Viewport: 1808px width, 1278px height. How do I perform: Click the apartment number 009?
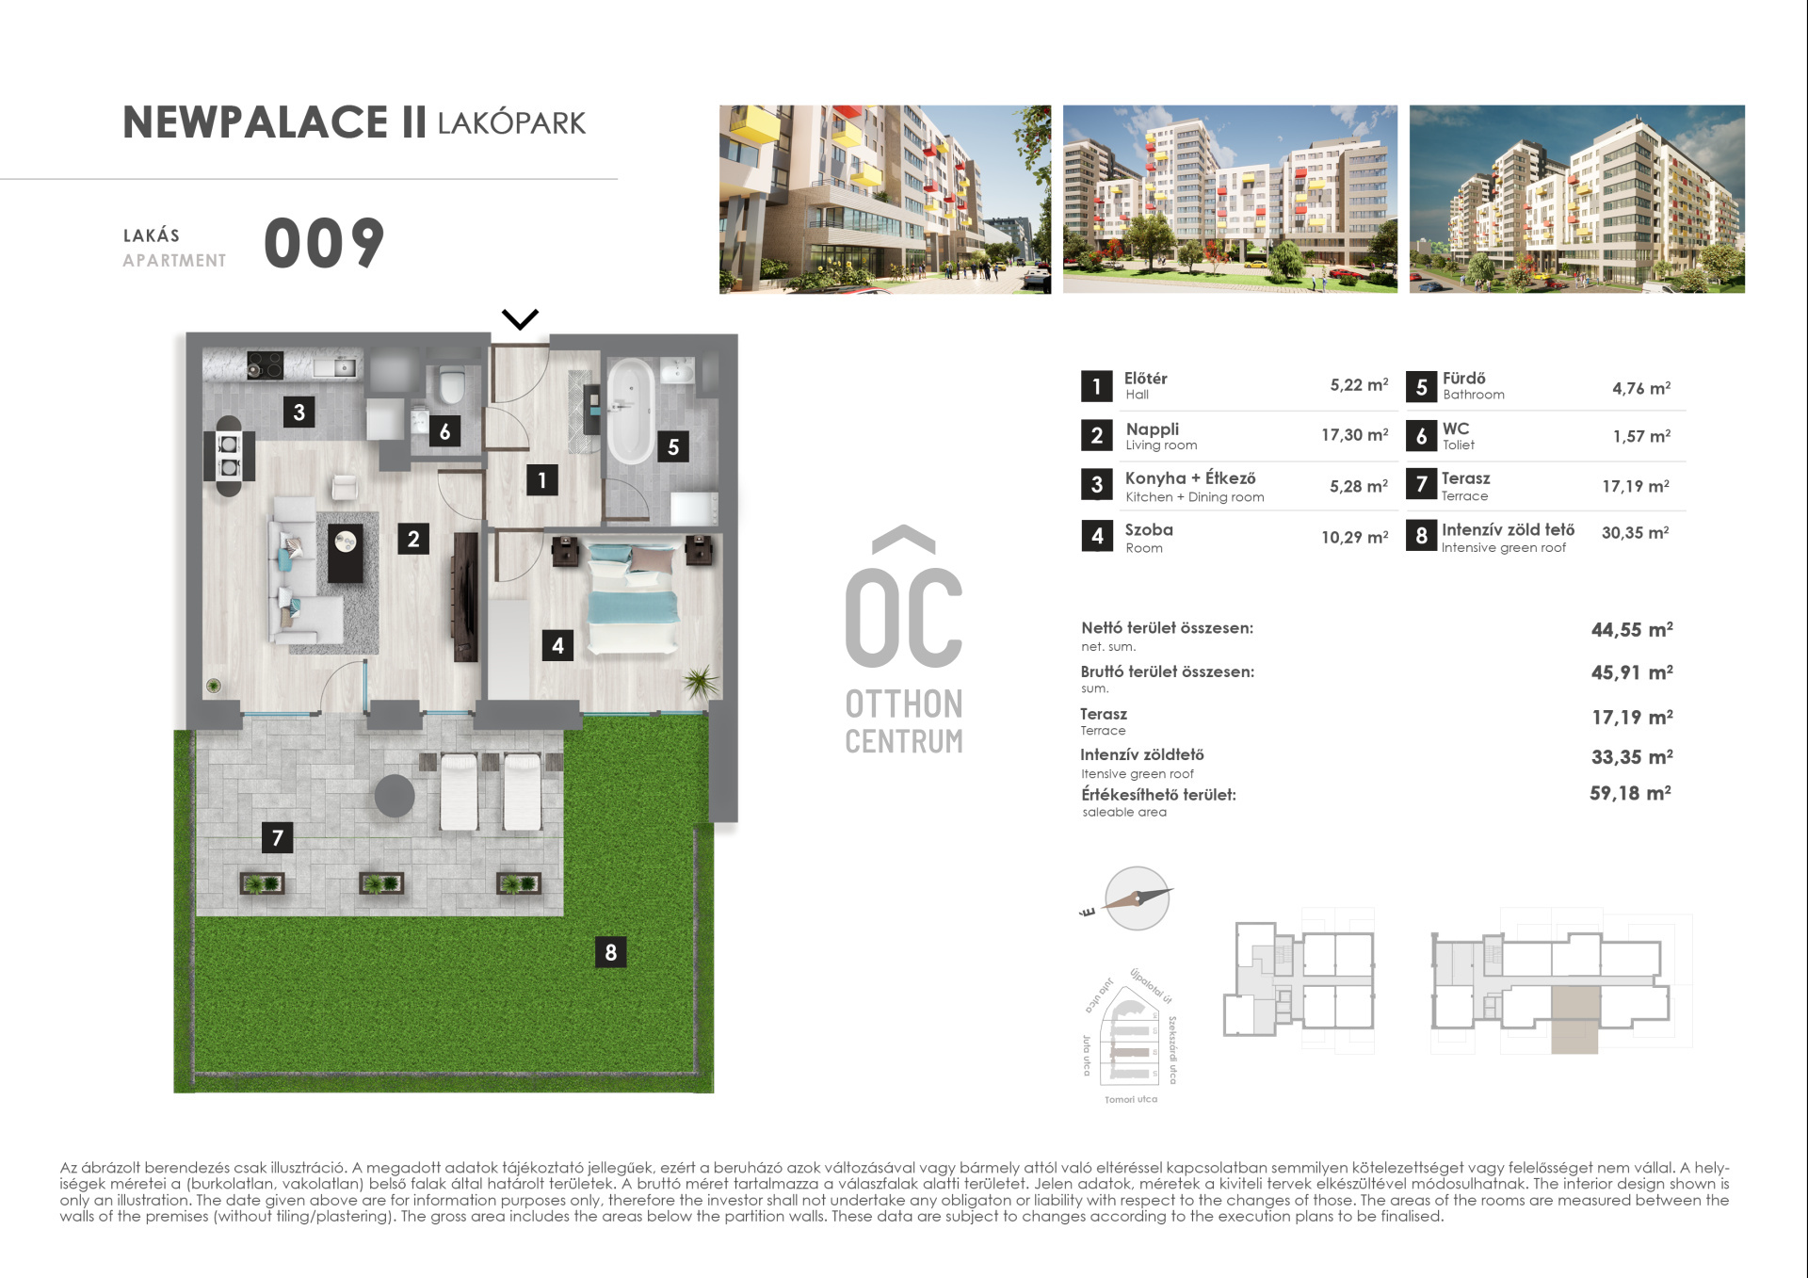pos(324,243)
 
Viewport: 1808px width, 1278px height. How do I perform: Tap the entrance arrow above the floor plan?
pos(520,319)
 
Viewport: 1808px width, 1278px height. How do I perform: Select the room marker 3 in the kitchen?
pos(299,412)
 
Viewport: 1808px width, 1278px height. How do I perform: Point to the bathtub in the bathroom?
pos(630,410)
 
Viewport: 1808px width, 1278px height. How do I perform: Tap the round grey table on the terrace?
pos(395,796)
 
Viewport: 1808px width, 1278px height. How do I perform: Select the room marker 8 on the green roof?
pos(610,952)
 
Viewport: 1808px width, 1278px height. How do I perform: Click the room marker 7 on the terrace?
pos(277,837)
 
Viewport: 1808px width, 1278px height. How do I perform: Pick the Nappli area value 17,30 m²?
pos(1354,434)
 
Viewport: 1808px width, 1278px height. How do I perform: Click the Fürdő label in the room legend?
pos(1463,378)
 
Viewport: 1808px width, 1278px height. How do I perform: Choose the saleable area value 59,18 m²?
pos(1630,793)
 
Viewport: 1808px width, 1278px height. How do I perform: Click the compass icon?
pos(1137,898)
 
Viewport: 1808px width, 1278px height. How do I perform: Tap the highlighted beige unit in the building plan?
pos(1574,1019)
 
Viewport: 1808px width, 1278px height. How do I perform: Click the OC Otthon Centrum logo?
pos(904,640)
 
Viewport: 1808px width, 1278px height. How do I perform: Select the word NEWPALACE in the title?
pos(255,122)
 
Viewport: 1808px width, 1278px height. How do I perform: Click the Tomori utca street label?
pos(1131,1099)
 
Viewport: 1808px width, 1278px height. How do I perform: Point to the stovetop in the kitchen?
pos(265,365)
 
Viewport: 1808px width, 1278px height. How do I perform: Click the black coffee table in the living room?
pos(345,553)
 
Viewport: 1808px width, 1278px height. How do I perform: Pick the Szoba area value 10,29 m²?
pos(1354,537)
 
